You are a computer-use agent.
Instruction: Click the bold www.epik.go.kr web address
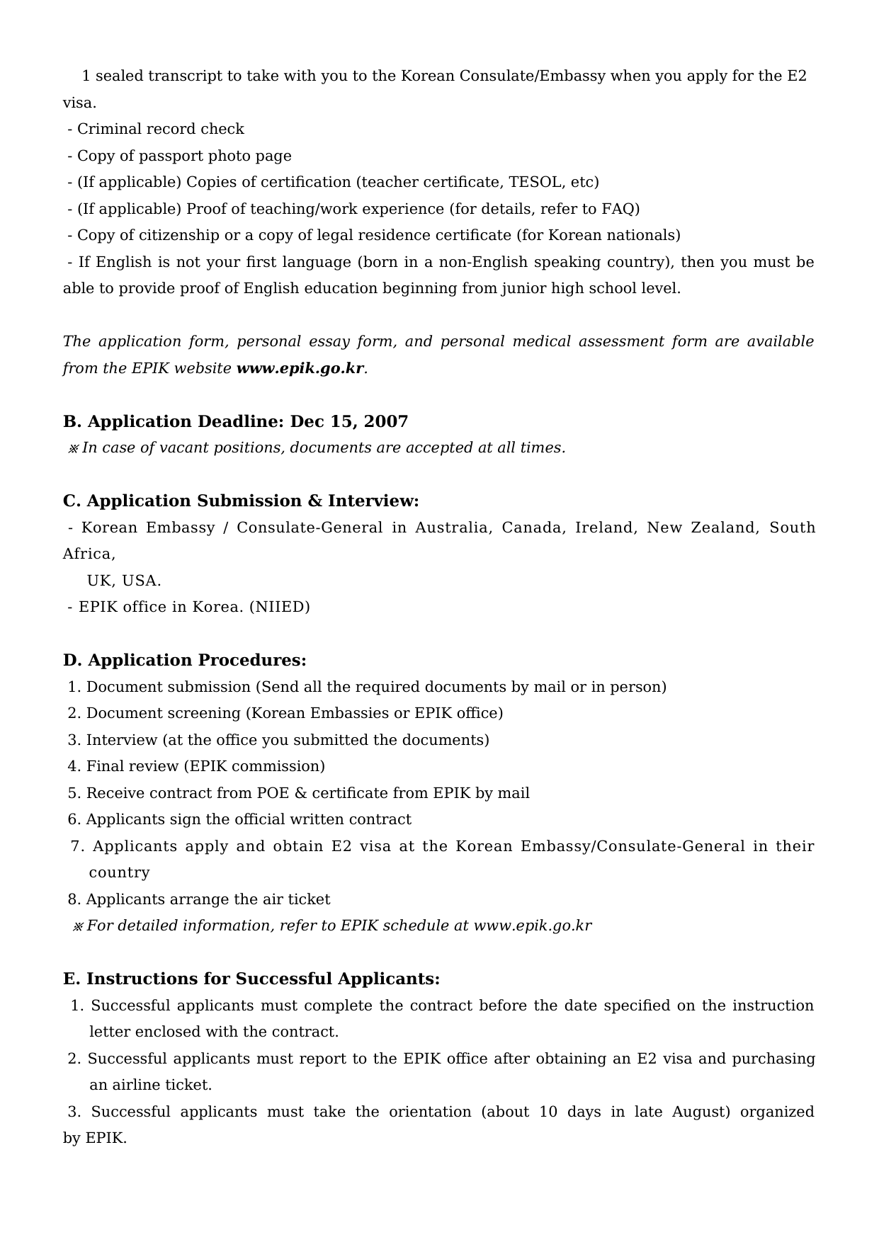pyautogui.click(x=300, y=368)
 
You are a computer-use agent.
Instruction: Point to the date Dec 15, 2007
pyautogui.click(x=349, y=421)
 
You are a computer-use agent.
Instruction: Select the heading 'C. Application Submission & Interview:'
pyautogui.click(x=241, y=501)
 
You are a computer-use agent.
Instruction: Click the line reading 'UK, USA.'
pyautogui.click(x=124, y=581)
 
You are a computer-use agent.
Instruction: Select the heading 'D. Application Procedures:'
pyautogui.click(x=185, y=661)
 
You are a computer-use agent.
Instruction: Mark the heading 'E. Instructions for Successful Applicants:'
pyautogui.click(x=251, y=979)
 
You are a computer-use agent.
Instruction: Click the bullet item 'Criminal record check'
pyautogui.click(x=160, y=129)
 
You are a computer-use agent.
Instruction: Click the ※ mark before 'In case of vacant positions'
pyautogui.click(x=73, y=448)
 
